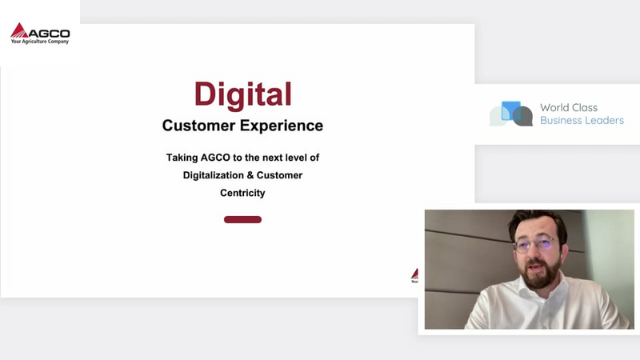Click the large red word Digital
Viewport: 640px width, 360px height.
point(243,94)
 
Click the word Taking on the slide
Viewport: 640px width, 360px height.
point(182,158)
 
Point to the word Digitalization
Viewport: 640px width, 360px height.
point(213,175)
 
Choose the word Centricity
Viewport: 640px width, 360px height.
point(242,193)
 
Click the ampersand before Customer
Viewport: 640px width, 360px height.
point(250,175)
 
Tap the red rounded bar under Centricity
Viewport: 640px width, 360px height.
point(242,219)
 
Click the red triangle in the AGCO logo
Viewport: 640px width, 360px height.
point(18,31)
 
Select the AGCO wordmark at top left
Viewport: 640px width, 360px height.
point(49,34)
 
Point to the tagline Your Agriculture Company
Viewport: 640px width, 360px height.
point(40,42)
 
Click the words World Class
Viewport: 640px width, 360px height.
point(569,107)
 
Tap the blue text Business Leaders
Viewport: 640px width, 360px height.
point(582,121)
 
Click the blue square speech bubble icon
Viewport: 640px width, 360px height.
point(511,110)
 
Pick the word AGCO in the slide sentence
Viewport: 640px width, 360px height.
point(215,158)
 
